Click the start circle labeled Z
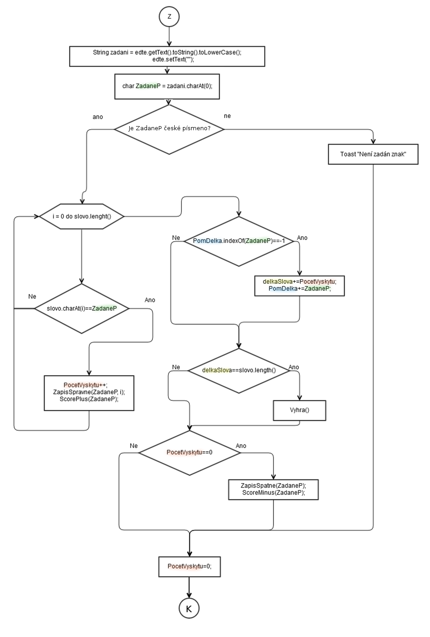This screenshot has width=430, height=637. pos(169,16)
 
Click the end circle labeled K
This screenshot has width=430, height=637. pos(189,608)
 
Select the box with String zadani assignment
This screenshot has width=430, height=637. pos(167,56)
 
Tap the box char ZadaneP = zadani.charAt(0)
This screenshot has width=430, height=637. pos(167,86)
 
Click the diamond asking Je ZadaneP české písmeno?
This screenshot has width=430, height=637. pos(169,129)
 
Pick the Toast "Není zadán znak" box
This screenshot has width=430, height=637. pos(373,154)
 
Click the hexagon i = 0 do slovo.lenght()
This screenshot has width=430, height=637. pos(82,216)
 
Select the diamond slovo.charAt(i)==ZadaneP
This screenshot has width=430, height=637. pos(82,309)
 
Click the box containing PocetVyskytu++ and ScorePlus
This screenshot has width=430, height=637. pos(89,392)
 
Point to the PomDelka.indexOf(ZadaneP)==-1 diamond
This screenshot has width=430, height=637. pos(239,241)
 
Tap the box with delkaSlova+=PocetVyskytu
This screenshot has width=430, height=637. pos(299,285)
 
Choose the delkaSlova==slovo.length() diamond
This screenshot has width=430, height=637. pos(239,370)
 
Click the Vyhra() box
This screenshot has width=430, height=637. pos(299,410)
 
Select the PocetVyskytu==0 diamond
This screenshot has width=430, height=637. pos(189,453)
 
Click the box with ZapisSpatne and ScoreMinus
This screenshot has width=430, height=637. pos(273,489)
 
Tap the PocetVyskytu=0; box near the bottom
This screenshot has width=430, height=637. pos(189,566)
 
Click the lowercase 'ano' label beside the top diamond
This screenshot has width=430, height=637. pos(98,117)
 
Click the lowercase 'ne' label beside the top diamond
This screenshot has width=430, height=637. pos(228,116)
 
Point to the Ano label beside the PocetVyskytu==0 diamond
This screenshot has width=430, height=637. pos(241,446)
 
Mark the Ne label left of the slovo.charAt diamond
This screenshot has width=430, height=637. pos(32,296)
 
